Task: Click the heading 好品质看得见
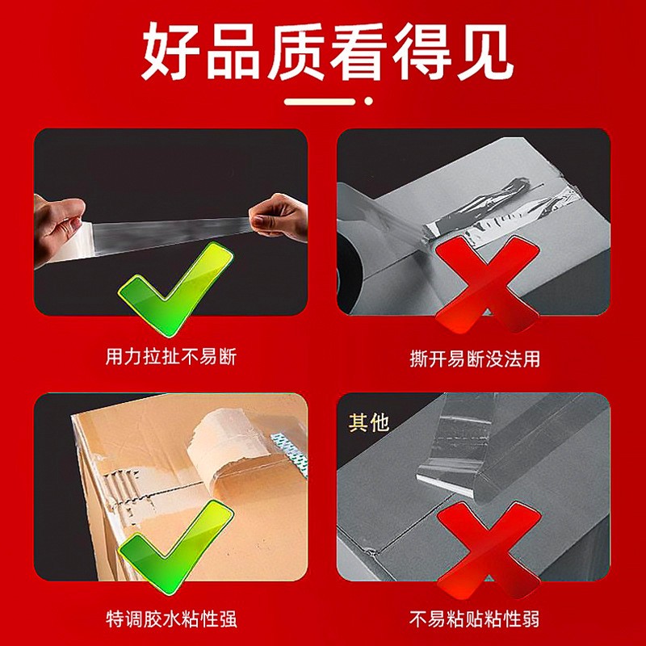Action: pyautogui.click(x=328, y=51)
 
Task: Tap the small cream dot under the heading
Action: pyautogui.click(x=368, y=101)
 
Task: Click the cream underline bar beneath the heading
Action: pyautogui.click(x=320, y=102)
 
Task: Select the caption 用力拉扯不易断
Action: pyautogui.click(x=171, y=357)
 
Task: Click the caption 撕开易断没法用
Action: pyautogui.click(x=475, y=359)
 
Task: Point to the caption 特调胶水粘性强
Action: pyautogui.click(x=171, y=619)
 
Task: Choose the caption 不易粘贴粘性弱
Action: pyautogui.click(x=474, y=619)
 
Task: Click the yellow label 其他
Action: pyautogui.click(x=369, y=423)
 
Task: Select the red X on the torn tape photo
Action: pyautogui.click(x=487, y=284)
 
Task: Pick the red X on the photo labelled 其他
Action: pyautogui.click(x=489, y=550)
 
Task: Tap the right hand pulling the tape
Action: pyautogui.click(x=280, y=216)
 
